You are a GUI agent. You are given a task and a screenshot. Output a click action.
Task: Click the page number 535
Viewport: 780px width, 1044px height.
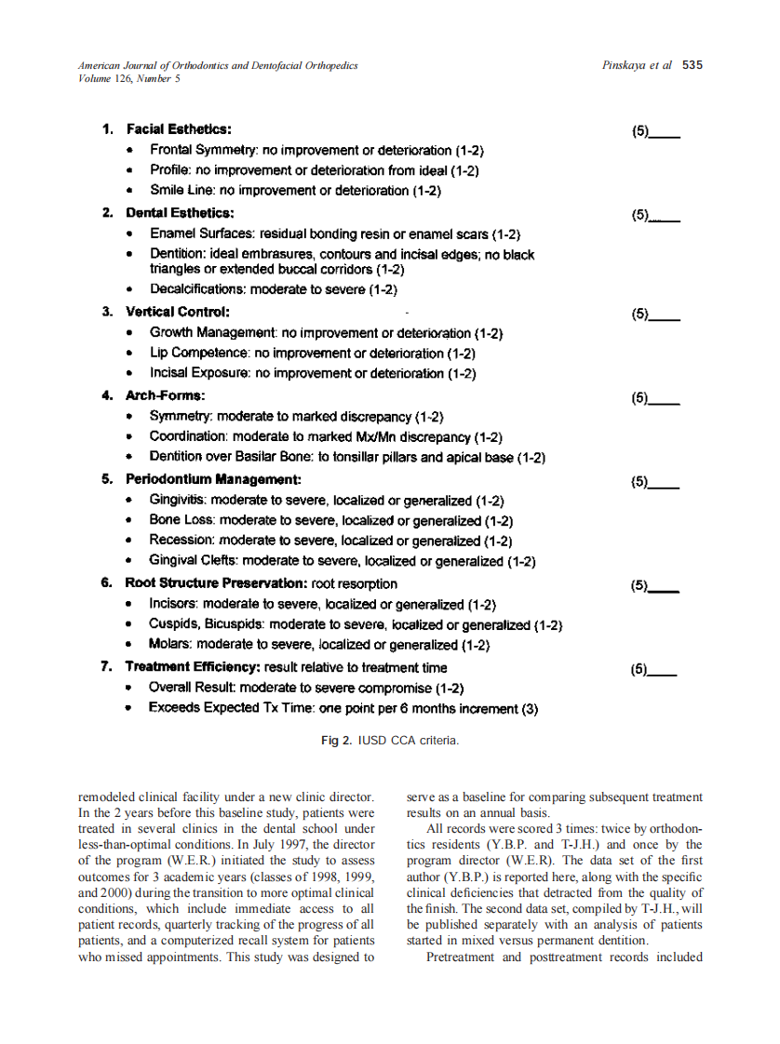coord(693,65)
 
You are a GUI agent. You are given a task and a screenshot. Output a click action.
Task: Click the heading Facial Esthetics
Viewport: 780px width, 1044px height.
coord(179,129)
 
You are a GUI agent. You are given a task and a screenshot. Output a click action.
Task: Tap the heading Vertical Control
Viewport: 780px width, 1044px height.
coord(178,312)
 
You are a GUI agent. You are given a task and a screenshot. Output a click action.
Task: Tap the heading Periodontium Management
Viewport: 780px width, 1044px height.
coord(213,479)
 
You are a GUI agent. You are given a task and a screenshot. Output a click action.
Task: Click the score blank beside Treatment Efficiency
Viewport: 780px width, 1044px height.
coord(664,669)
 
